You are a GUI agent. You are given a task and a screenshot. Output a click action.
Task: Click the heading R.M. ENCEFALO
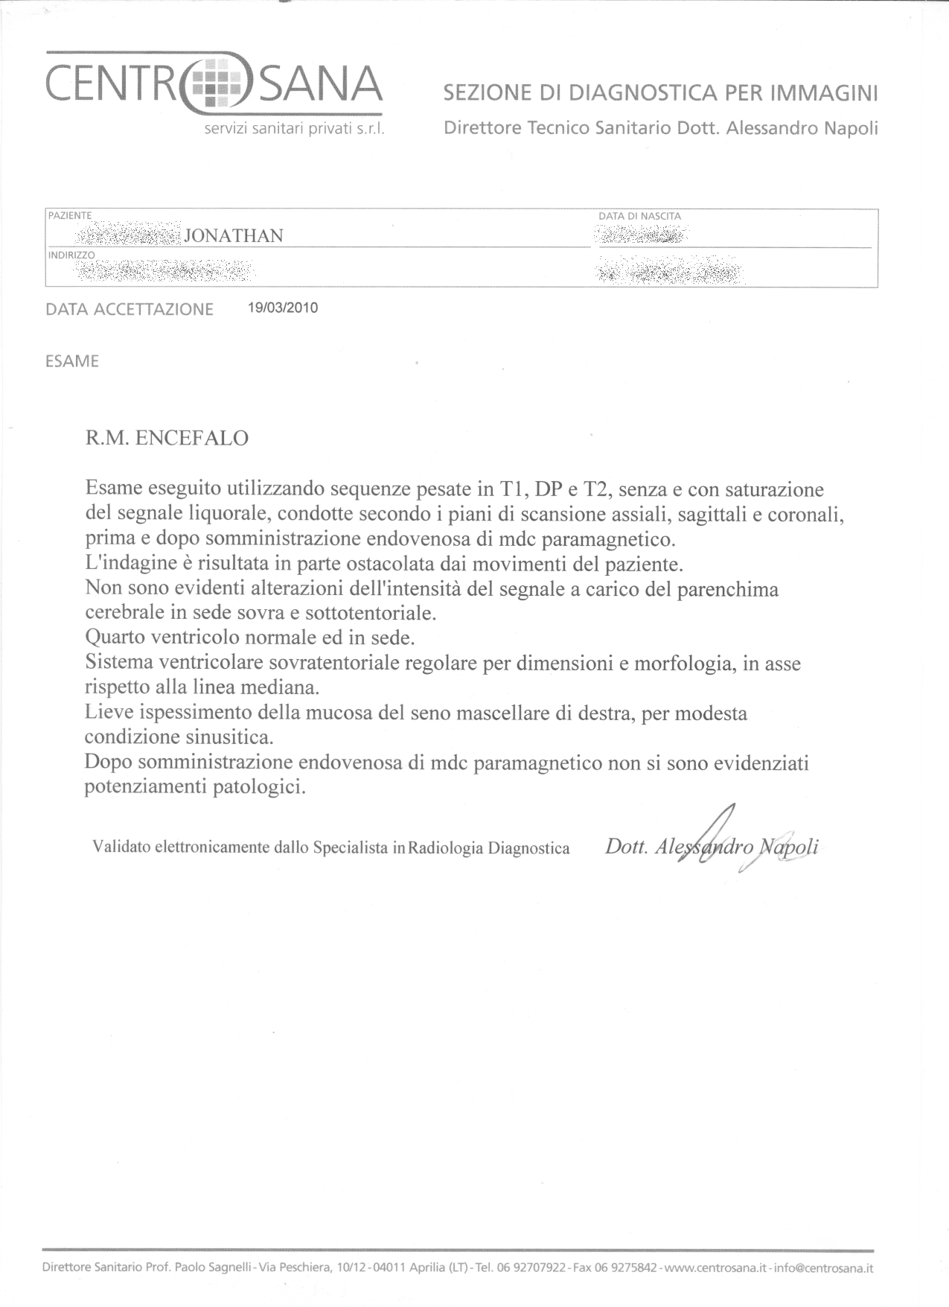pyautogui.click(x=167, y=437)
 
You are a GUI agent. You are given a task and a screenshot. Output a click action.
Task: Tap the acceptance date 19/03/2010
pyautogui.click(x=283, y=308)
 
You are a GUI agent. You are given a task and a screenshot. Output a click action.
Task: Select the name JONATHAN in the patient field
pyautogui.click(x=233, y=236)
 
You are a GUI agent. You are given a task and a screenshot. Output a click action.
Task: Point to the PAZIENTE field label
pyautogui.click(x=70, y=215)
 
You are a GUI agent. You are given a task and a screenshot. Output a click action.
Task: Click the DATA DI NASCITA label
pyautogui.click(x=639, y=216)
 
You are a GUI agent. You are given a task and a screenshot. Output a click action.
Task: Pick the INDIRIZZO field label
pyautogui.click(x=71, y=255)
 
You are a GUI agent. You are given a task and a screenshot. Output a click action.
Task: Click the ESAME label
pyautogui.click(x=72, y=361)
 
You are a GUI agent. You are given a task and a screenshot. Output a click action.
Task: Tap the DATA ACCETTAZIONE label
pyautogui.click(x=130, y=309)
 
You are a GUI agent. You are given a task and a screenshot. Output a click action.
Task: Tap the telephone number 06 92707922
pyautogui.click(x=531, y=1268)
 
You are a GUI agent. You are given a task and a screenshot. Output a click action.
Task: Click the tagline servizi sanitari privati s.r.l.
pyautogui.click(x=294, y=130)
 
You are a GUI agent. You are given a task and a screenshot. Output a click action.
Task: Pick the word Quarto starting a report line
pyautogui.click(x=115, y=637)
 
